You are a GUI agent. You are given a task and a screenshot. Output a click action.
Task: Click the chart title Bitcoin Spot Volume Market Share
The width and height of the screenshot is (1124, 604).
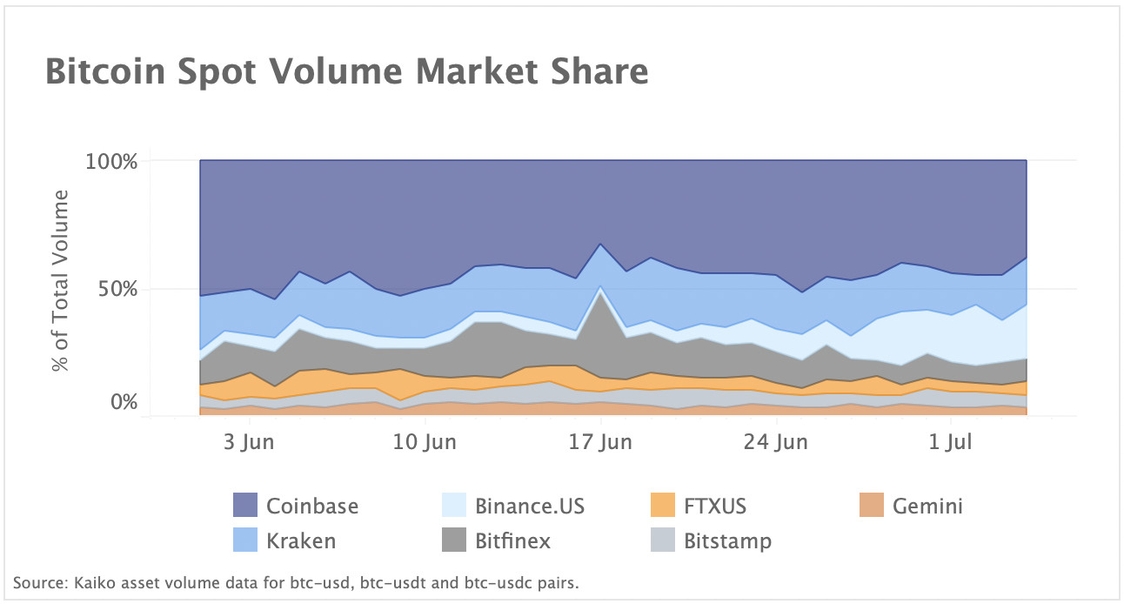(x=346, y=71)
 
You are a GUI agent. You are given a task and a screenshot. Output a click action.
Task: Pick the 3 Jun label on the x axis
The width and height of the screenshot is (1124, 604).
(x=249, y=442)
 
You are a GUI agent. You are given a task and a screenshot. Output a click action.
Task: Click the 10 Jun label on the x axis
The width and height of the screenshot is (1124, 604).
(x=425, y=442)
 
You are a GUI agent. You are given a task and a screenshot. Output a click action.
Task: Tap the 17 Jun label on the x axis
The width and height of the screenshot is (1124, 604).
(x=600, y=442)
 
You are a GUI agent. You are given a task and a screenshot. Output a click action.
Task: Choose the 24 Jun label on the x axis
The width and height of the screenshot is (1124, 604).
(x=776, y=442)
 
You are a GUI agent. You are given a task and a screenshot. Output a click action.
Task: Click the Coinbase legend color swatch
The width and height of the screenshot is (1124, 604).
(x=245, y=506)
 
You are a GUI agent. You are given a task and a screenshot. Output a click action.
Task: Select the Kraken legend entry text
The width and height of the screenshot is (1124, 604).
(x=301, y=540)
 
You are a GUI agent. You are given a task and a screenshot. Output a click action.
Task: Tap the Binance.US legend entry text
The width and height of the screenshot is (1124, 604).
(x=530, y=506)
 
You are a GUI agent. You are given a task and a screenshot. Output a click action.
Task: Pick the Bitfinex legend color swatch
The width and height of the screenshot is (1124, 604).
(x=454, y=540)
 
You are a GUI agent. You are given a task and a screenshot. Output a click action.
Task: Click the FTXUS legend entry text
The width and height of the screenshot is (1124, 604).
(x=715, y=506)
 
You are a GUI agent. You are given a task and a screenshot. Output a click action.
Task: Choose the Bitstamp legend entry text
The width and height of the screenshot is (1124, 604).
(x=727, y=540)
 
